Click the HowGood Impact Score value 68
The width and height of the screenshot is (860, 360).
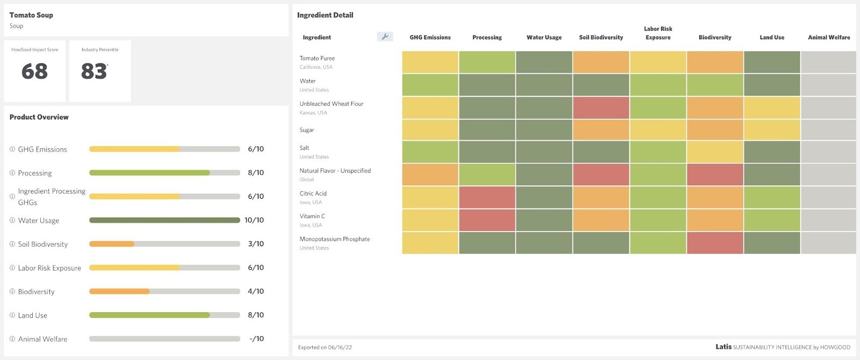click(x=34, y=71)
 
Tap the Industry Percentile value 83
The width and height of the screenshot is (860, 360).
click(x=94, y=71)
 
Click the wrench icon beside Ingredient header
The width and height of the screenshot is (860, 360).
click(x=385, y=37)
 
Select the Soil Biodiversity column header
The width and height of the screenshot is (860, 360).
click(x=601, y=38)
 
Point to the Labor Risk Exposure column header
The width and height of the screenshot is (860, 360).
click(x=658, y=33)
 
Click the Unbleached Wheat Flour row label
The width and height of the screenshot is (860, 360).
click(x=331, y=104)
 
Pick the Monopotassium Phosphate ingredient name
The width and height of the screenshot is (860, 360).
click(x=334, y=239)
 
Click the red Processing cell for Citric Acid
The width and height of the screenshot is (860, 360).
click(x=487, y=197)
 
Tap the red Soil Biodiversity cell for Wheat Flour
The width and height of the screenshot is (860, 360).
click(x=601, y=107)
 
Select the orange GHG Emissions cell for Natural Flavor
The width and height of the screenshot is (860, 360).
click(x=430, y=175)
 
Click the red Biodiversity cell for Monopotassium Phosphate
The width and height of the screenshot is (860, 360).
click(x=715, y=243)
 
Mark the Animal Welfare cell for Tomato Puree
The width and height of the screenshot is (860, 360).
click(x=828, y=62)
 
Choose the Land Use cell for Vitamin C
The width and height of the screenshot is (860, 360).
click(x=772, y=220)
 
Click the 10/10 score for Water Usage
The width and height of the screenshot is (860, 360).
click(x=254, y=220)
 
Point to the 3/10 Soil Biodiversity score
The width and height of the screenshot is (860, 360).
click(x=256, y=244)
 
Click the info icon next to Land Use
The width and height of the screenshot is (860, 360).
click(x=12, y=315)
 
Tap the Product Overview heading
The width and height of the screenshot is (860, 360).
click(x=39, y=117)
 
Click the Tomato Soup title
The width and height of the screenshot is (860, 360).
click(x=31, y=15)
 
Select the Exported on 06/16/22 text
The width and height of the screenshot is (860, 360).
click(x=325, y=347)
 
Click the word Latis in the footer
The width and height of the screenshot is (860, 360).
click(x=723, y=347)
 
